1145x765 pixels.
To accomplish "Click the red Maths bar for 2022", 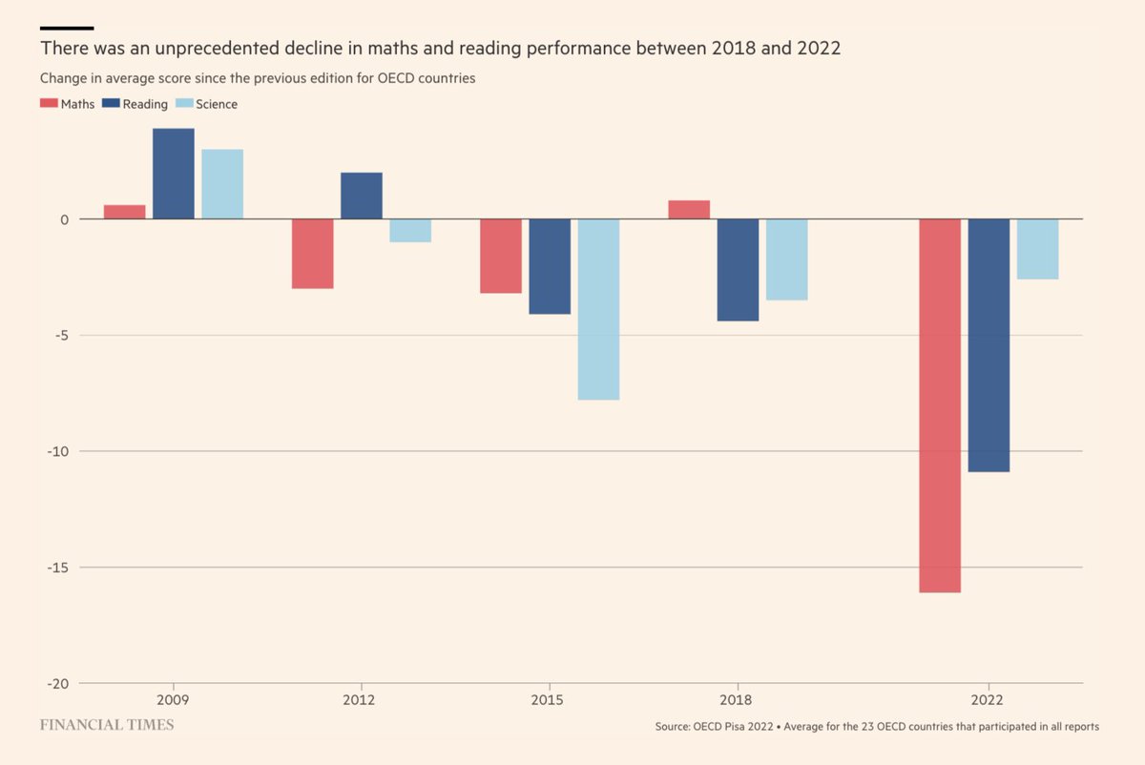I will click(x=940, y=405).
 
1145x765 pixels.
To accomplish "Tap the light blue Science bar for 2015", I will click(x=598, y=309).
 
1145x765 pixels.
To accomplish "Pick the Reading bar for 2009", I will click(x=174, y=174).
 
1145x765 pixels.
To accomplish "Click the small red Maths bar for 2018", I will click(x=689, y=210).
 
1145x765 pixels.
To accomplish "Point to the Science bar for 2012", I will click(x=410, y=231).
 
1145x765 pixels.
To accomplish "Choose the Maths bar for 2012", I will click(x=313, y=254).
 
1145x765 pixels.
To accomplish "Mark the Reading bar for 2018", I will click(x=738, y=270).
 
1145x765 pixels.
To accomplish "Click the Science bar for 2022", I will click(x=1037, y=249).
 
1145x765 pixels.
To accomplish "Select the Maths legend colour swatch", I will click(x=49, y=104).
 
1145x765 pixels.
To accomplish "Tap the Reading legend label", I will click(x=146, y=104).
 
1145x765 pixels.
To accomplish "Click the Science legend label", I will click(x=217, y=104).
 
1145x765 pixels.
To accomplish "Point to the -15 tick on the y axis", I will click(x=56, y=568).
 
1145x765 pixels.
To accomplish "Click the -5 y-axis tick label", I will click(x=59, y=335).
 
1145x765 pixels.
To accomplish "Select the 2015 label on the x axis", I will click(x=549, y=700).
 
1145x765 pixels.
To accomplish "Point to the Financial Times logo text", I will click(x=107, y=725).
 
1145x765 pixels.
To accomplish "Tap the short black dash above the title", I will click(x=67, y=28).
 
